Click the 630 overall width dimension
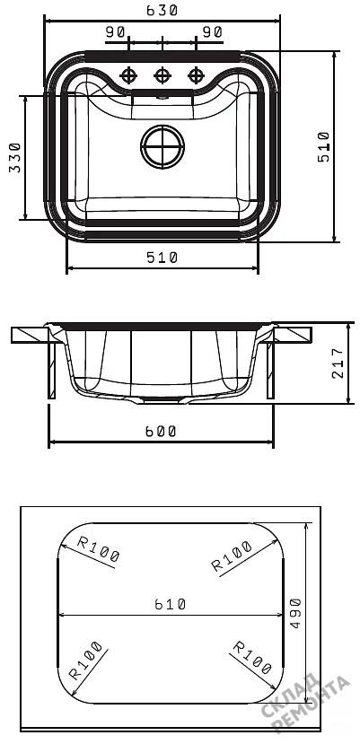point(162,10)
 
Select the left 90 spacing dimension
point(116,32)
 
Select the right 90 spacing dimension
point(212,32)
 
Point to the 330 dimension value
point(15,158)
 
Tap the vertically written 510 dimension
point(324,147)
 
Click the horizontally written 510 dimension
point(162,258)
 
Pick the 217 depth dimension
point(338,363)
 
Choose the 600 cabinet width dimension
point(160,432)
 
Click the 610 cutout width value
point(170,604)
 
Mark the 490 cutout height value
point(295,614)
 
